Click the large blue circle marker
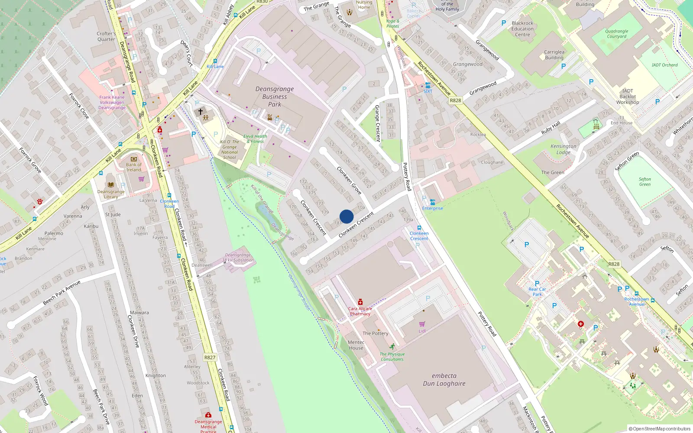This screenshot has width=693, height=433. [x=346, y=216]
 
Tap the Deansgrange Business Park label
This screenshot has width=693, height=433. [x=275, y=97]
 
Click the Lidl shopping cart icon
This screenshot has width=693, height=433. [x=422, y=324]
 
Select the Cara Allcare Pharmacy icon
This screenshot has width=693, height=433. [x=360, y=302]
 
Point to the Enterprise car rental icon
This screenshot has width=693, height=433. [x=432, y=202]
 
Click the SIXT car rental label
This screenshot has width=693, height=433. [x=428, y=91]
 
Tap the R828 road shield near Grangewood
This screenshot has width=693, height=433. [x=455, y=100]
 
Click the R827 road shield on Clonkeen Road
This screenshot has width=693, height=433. [x=210, y=358]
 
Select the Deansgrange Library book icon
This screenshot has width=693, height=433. [x=110, y=184]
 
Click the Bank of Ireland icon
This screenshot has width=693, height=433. [x=133, y=159]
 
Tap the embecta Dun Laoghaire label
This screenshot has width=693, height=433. [x=444, y=380]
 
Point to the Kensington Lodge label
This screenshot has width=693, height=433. [x=563, y=149]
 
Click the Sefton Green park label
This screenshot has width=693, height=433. [x=644, y=182]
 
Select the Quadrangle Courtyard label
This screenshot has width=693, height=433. [x=616, y=34]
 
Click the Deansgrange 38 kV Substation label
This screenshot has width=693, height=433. [x=238, y=258]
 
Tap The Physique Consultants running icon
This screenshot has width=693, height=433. [x=392, y=347]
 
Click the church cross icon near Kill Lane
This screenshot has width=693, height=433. [x=201, y=112]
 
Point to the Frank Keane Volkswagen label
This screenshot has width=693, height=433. [x=112, y=103]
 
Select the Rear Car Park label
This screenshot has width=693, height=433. [x=537, y=292]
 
